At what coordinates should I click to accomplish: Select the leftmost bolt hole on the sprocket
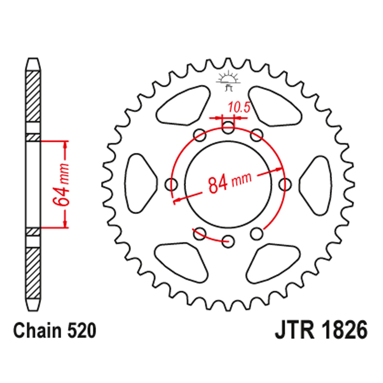pos(172,185)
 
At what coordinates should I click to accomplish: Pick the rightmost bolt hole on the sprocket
pos(285,185)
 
